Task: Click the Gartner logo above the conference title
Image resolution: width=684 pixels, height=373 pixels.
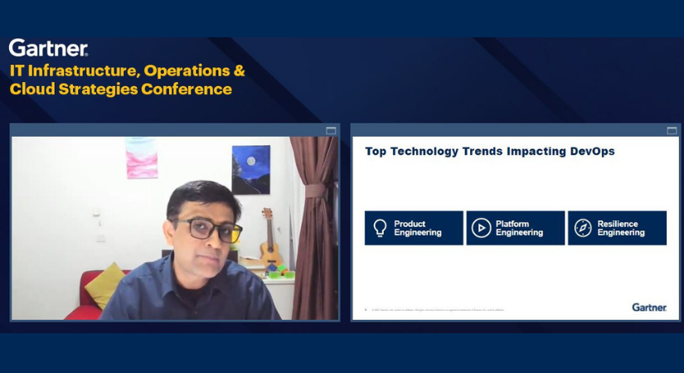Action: point(48,47)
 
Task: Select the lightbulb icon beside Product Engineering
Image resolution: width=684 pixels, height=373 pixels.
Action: point(380,228)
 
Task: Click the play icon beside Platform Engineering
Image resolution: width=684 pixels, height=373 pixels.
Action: point(481,228)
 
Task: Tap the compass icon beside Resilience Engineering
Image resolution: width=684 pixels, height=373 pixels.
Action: point(583,228)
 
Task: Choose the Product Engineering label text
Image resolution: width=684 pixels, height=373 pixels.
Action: point(417,228)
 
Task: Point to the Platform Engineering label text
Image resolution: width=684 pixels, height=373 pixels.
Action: point(519,228)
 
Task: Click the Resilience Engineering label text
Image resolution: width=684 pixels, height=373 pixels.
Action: point(621,228)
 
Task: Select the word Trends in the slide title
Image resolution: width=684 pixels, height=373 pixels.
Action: point(470,152)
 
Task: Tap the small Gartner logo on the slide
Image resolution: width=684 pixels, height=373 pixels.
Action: point(648,307)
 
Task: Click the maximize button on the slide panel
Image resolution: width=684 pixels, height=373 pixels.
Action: point(672,130)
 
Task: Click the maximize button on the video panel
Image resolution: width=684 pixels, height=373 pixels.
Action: point(331,130)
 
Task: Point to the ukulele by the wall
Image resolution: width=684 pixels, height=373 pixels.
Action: point(269,237)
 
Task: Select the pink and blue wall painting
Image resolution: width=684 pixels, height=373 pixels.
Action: point(141,157)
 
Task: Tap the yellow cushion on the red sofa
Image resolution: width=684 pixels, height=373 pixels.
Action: point(104,284)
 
